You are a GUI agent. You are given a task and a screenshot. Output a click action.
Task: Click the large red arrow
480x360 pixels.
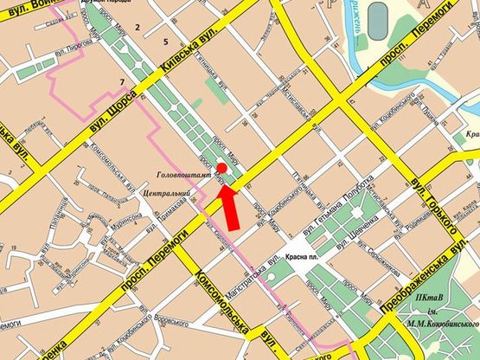(x=229, y=204)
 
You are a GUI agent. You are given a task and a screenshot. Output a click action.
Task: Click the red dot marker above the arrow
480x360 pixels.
(x=221, y=167)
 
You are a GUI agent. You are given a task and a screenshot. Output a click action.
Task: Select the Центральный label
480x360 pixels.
(x=162, y=191)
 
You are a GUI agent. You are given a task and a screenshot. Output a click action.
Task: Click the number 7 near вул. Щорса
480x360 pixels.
(x=123, y=82)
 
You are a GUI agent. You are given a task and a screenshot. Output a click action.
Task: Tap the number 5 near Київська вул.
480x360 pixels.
(x=164, y=42)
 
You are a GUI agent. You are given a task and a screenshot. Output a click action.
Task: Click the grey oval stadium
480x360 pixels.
(x=378, y=16)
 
